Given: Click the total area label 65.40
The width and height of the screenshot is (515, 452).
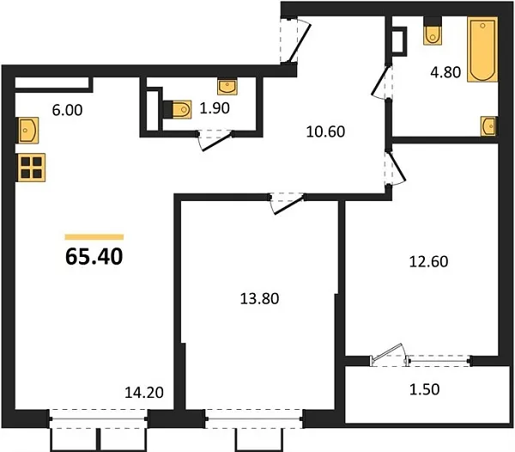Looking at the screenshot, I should [94, 255].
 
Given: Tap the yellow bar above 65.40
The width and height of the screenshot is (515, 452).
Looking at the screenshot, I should [94, 236].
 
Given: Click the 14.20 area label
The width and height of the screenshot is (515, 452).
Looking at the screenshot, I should [143, 394].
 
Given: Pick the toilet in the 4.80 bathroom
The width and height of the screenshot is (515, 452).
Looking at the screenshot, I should [433, 34].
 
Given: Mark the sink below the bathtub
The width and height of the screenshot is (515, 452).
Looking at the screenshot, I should [488, 126].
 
